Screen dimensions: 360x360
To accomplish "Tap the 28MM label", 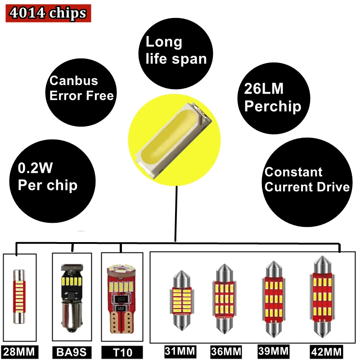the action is tap(18, 351).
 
